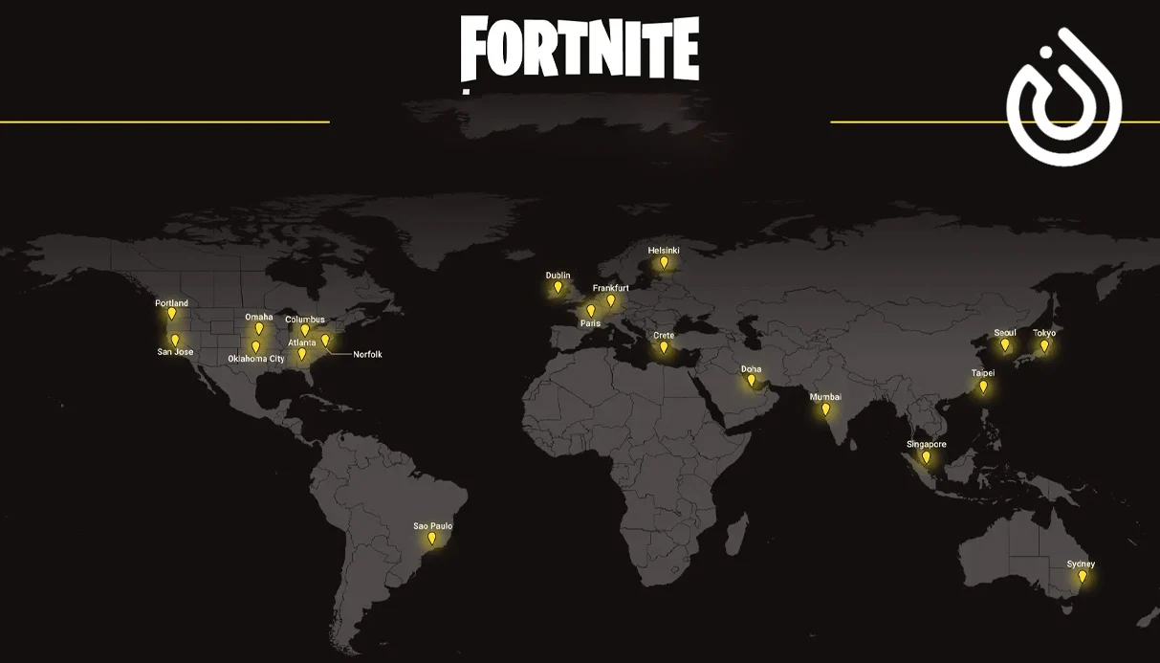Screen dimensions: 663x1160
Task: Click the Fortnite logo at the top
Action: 580,49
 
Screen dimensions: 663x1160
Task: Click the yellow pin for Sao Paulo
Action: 431,539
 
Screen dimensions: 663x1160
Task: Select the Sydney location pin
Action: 1083,576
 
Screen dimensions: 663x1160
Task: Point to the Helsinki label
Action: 664,251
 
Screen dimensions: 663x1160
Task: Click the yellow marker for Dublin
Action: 558,287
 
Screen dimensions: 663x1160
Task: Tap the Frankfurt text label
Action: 610,288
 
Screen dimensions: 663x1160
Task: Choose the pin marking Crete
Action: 664,347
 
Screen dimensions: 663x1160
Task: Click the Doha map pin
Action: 752,381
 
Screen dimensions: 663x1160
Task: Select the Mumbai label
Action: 825,396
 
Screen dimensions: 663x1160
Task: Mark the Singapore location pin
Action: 926,457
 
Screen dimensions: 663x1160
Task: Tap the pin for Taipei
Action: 983,387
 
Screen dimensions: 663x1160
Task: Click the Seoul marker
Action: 1005,344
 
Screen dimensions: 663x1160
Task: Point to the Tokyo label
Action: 1044,333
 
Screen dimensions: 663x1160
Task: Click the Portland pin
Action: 172,313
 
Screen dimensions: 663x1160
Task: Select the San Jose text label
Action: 175,352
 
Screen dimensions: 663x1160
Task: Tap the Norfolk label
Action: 367,355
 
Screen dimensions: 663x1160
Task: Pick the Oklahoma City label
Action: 256,359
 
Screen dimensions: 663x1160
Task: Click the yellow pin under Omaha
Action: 259,328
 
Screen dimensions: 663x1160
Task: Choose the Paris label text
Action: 590,323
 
